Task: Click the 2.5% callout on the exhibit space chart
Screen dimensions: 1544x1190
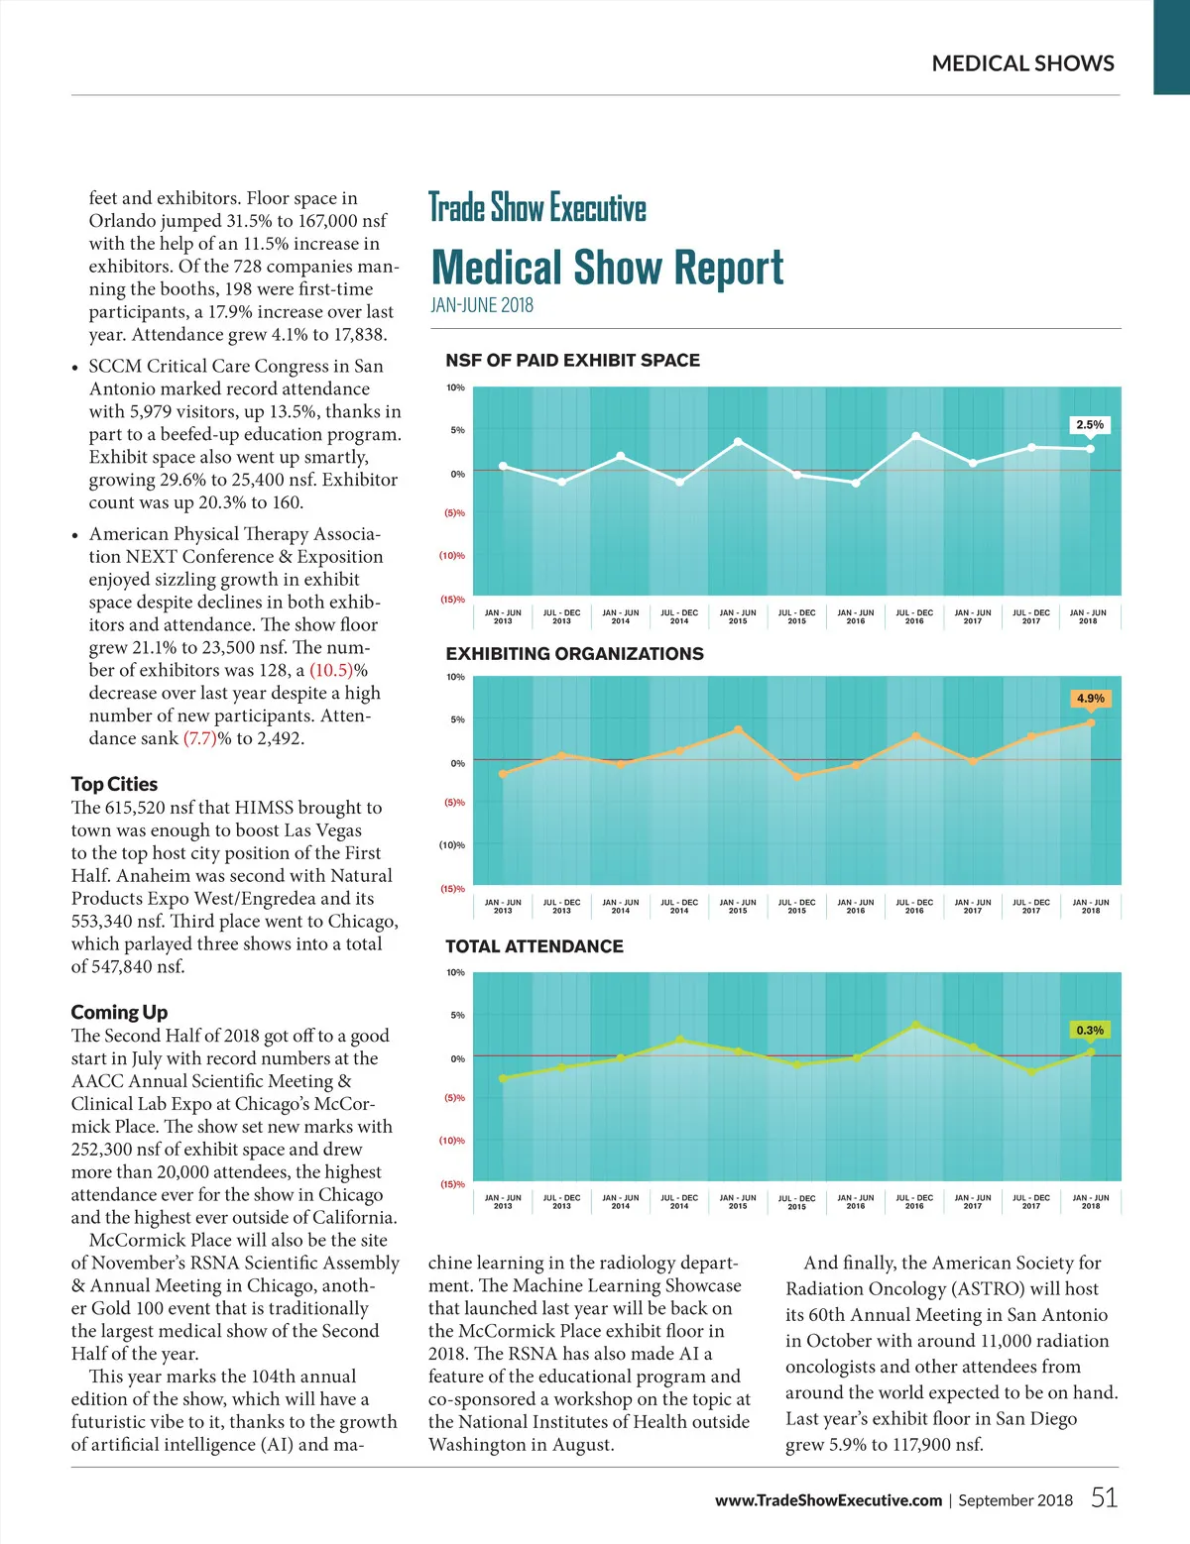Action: (x=1090, y=425)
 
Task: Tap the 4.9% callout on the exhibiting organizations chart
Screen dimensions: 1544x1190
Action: (x=1090, y=699)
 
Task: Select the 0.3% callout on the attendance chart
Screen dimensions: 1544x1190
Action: (x=1090, y=1031)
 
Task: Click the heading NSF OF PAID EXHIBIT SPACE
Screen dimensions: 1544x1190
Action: (x=572, y=360)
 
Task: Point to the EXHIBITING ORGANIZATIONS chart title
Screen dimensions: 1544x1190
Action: (x=574, y=654)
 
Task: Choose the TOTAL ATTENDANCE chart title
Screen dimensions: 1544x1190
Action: (x=535, y=946)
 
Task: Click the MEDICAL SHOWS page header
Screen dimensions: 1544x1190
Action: (x=1022, y=63)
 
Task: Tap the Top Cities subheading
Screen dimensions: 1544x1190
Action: (x=114, y=784)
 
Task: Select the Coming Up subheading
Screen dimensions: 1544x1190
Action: (x=119, y=1012)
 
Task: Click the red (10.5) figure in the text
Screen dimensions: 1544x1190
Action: (x=332, y=671)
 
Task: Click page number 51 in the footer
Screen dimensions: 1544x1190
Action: (x=1104, y=1497)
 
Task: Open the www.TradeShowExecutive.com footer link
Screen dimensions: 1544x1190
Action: (x=828, y=1500)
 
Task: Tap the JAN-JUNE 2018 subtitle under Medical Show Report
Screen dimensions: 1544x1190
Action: (x=482, y=305)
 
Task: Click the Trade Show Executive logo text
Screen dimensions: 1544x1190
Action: (x=536, y=208)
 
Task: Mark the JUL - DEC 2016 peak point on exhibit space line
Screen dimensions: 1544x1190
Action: (x=915, y=436)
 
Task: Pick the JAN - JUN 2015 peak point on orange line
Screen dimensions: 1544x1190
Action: (x=738, y=729)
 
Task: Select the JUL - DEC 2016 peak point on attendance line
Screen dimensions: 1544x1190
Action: (x=915, y=1025)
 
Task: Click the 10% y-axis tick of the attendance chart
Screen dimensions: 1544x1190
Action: (x=455, y=973)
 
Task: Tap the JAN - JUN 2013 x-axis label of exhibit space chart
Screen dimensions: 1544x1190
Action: (x=503, y=616)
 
